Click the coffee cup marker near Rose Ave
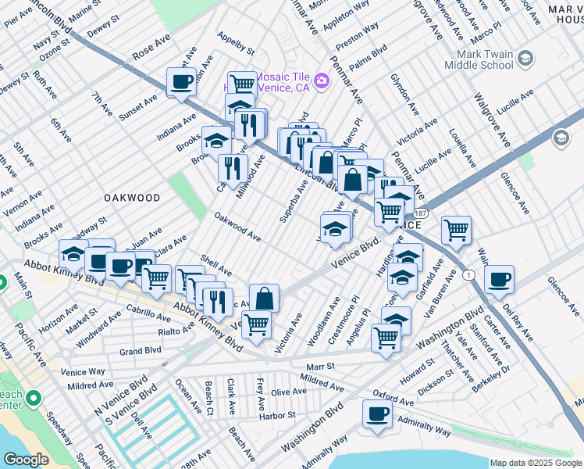181,81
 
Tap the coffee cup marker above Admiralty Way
377,414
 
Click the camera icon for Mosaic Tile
321,81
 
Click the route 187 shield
422,213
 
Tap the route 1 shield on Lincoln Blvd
468,275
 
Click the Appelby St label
237,44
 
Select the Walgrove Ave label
489,116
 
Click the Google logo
25,460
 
